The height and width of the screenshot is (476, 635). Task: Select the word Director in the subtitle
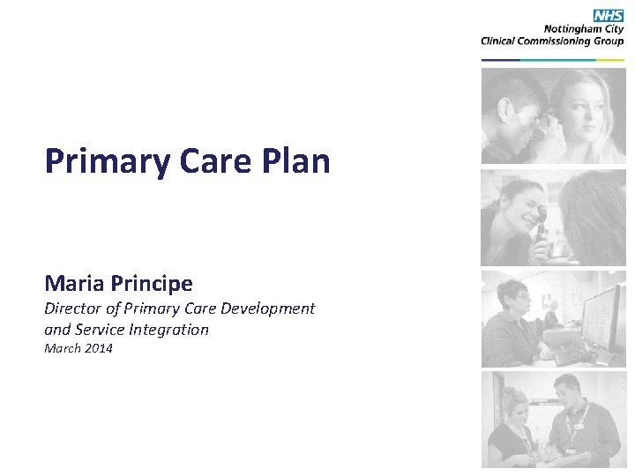tap(73, 309)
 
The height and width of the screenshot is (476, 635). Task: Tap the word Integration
tap(167, 330)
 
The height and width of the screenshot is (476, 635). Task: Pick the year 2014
tap(99, 349)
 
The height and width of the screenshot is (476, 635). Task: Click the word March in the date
tap(62, 349)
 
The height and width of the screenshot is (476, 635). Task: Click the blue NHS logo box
tap(608, 16)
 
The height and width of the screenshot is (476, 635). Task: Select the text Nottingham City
tap(583, 29)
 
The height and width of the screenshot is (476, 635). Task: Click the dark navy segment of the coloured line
tap(500, 60)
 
